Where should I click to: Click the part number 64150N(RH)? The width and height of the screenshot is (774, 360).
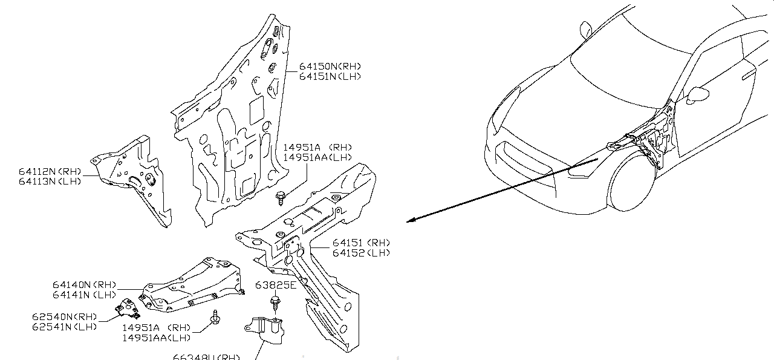[329, 66]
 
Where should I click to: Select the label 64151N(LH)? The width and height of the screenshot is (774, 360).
[330, 76]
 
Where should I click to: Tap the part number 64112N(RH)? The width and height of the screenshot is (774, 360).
[50, 171]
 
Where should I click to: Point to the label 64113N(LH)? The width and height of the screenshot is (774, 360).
[50, 181]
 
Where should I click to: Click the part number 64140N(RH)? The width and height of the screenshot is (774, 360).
[83, 284]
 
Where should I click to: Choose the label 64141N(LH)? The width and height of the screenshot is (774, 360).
[83, 295]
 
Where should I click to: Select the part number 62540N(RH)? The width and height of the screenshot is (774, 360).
[64, 316]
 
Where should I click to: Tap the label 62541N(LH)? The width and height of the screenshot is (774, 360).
[64, 327]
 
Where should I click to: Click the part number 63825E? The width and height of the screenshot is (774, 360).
[276, 285]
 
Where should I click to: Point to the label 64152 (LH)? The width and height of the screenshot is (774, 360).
[360, 253]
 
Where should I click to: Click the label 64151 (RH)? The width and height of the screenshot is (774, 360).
[360, 243]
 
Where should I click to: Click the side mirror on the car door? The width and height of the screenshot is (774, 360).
[698, 94]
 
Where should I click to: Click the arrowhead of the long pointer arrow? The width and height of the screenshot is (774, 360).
[409, 220]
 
